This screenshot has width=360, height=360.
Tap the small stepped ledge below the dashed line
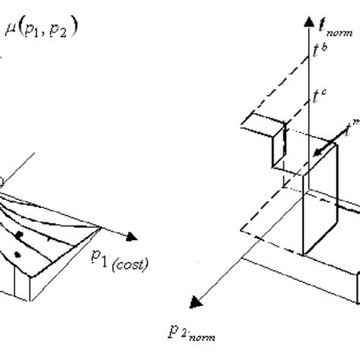pos(259,128)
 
